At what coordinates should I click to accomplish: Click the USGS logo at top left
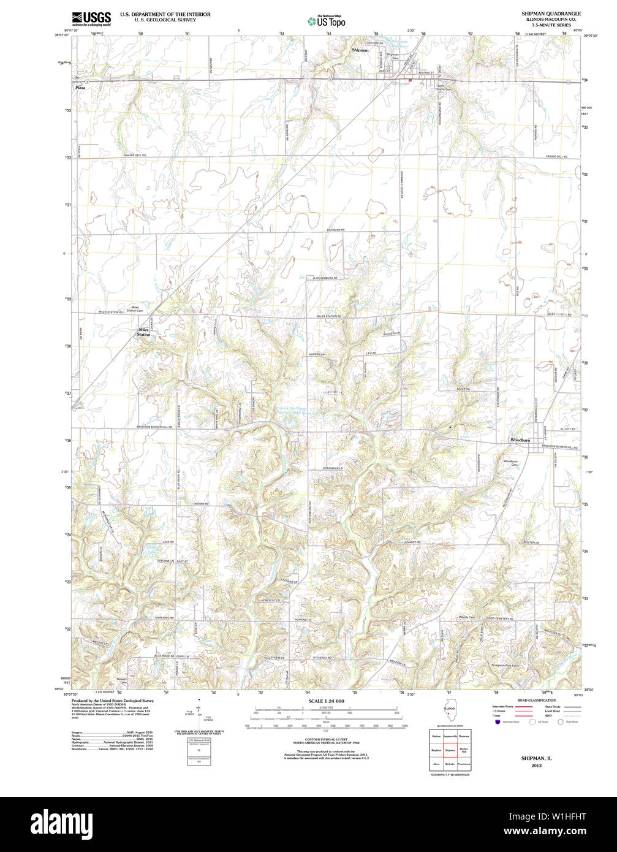point(91,18)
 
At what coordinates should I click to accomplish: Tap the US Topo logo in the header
point(327,21)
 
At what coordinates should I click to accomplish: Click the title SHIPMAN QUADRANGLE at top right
point(551,13)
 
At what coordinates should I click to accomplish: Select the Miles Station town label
point(143,332)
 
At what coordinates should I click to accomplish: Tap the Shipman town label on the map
point(360,50)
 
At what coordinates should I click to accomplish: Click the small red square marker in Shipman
point(410,80)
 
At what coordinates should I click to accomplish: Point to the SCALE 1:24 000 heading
point(326,701)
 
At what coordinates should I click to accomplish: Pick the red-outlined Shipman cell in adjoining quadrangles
point(450,749)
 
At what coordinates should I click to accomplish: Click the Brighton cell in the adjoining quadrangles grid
point(436,749)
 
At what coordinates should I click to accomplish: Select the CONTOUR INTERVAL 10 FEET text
point(326,742)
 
